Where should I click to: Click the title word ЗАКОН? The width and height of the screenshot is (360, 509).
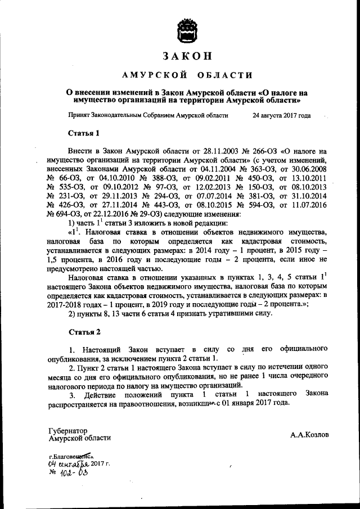[x=188, y=57]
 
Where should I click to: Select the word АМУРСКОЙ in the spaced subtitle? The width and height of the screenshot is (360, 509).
[x=147, y=75]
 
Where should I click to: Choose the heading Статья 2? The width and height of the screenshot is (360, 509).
[x=84, y=332]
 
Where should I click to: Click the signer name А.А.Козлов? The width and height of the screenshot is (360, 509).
[x=310, y=435]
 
